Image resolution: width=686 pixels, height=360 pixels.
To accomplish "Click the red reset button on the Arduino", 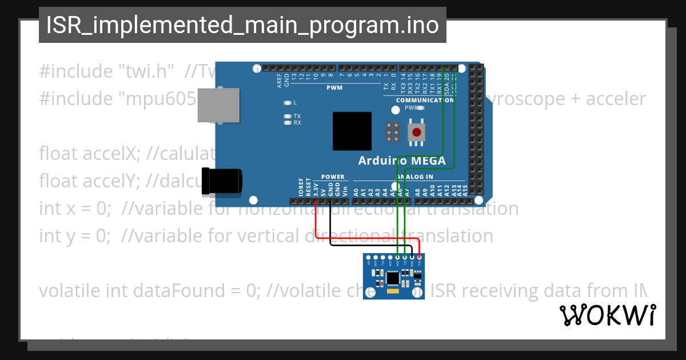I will [x=417, y=132].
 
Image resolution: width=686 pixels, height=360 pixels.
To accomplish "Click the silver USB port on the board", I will [x=218, y=105].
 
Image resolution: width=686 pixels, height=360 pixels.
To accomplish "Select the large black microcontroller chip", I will [x=352, y=131].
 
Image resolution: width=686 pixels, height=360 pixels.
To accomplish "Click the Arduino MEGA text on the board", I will [x=402, y=161].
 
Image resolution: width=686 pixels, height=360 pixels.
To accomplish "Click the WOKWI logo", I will [x=607, y=315].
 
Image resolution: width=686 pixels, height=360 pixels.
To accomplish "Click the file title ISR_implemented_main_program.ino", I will [x=242, y=25].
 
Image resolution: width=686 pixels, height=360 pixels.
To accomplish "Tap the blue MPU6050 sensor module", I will [x=394, y=277].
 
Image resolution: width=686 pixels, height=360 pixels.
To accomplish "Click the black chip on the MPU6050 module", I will [x=393, y=278].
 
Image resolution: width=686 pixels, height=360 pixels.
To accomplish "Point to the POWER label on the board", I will [x=333, y=177].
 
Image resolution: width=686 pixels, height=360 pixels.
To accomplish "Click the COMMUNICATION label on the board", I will [x=425, y=100].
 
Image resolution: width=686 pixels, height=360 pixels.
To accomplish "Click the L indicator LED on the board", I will [x=288, y=103].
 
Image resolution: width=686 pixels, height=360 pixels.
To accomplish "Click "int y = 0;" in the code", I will [x=75, y=235].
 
